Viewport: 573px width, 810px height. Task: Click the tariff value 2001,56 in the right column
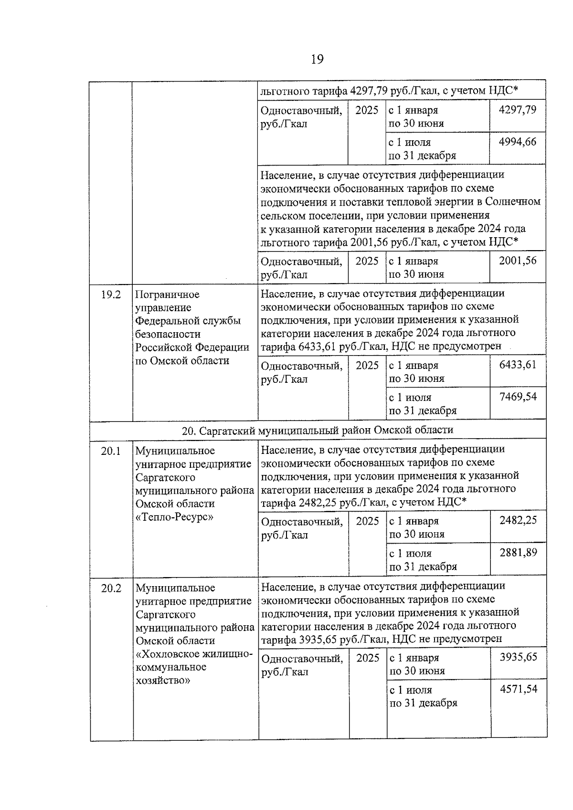point(517,260)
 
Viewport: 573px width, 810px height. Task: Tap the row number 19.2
point(111,295)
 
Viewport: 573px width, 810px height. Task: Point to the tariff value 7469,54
point(518,397)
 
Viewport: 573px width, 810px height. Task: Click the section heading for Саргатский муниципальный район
point(318,430)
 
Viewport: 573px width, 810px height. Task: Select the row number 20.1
point(111,451)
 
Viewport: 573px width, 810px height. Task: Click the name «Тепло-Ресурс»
point(174,517)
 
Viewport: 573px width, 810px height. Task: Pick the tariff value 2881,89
point(518,552)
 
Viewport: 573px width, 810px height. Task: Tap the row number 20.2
point(111,588)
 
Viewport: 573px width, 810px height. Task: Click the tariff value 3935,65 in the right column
point(518,657)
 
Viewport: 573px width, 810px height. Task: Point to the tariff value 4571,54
point(518,689)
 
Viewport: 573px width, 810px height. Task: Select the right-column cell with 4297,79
point(517,110)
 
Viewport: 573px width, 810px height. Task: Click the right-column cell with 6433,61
point(518,365)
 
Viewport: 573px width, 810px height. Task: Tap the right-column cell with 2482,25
point(518,520)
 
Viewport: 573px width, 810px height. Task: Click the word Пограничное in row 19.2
point(167,295)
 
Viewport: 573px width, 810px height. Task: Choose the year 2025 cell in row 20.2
point(368,658)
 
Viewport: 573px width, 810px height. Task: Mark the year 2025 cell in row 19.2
point(367,366)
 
